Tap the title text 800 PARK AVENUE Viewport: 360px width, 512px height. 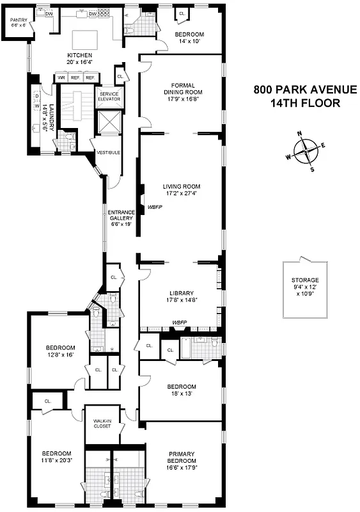click(295, 90)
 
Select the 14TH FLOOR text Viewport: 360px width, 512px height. click(295, 103)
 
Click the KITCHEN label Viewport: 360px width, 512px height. click(80, 56)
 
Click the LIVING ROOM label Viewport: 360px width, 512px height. click(182, 187)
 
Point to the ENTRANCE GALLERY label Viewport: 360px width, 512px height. click(120, 215)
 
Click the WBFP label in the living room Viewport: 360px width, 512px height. click(154, 207)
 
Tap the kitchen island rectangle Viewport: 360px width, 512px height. click(84, 39)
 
